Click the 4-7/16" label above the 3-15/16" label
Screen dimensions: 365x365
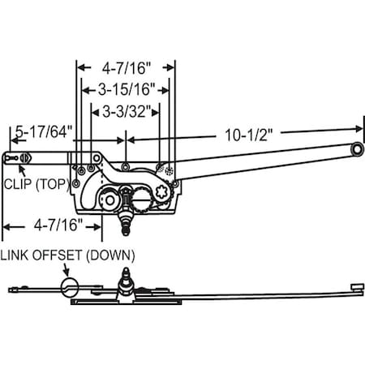pyautogui.click(x=125, y=70)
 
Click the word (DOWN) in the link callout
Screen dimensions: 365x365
pyautogui.click(x=114, y=255)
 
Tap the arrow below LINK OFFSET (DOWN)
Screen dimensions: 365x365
pyautogui.click(x=67, y=270)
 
